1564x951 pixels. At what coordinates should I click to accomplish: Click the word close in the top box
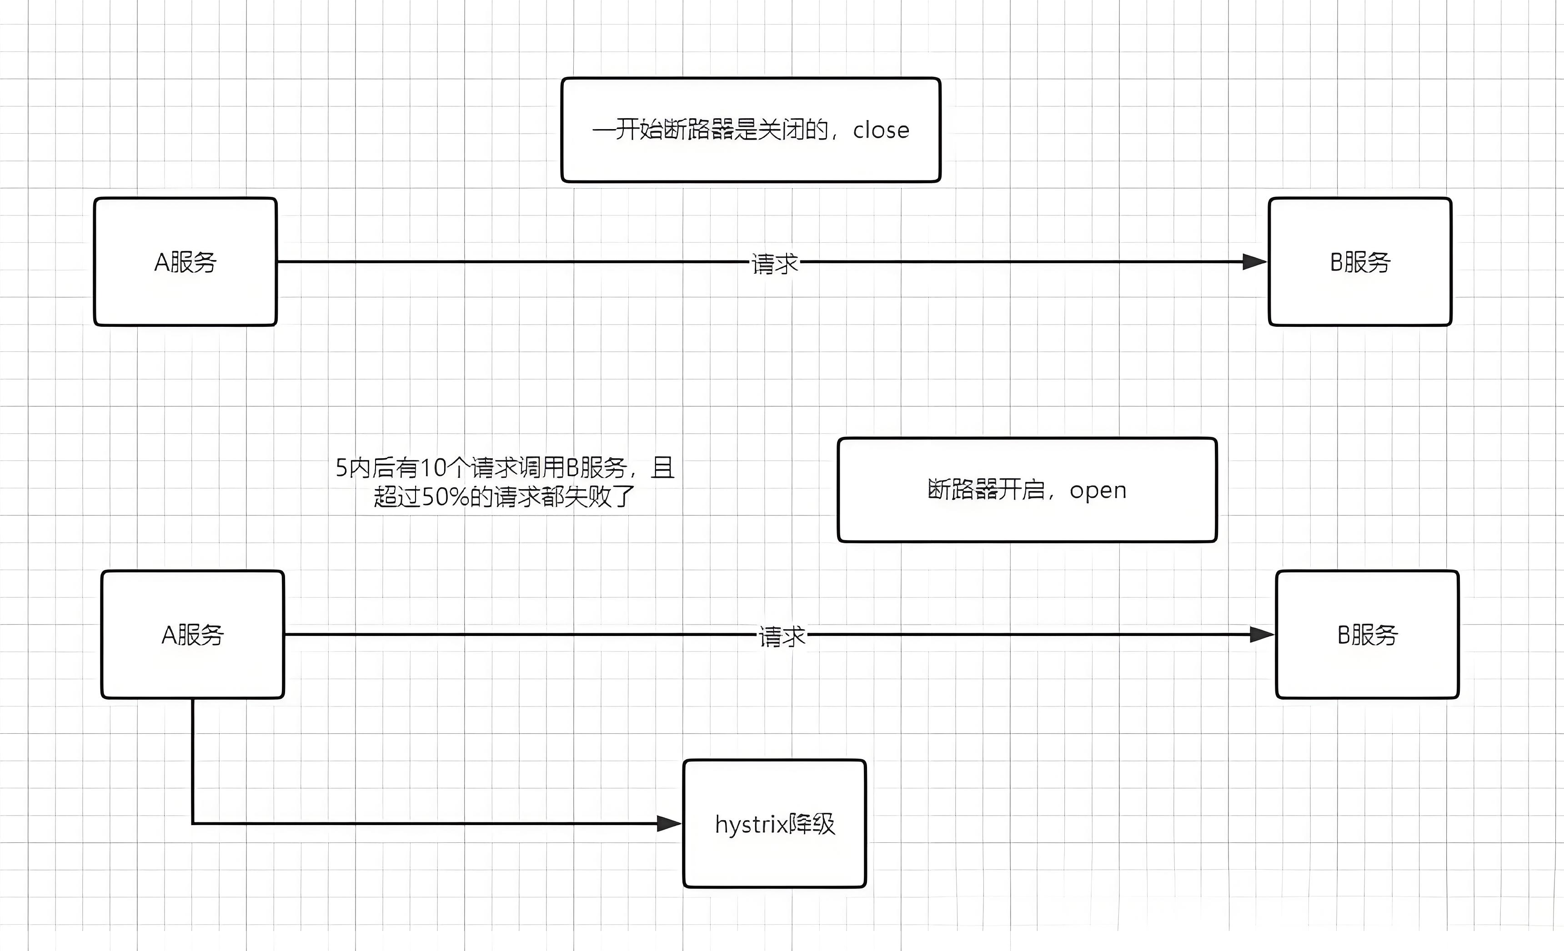881,130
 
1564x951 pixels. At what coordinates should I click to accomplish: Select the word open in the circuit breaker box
1098,490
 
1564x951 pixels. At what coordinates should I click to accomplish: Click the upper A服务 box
185,261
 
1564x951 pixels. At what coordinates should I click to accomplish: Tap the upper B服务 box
1359,261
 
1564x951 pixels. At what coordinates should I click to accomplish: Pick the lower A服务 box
192,634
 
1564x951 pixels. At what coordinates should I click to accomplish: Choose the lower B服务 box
1367,634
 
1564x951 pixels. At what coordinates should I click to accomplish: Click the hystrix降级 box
774,823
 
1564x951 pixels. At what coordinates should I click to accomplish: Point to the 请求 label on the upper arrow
774,263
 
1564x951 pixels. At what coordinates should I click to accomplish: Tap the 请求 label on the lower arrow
782,636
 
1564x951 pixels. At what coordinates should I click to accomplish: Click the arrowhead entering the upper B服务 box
1255,261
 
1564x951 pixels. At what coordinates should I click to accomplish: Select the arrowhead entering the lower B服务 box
1262,634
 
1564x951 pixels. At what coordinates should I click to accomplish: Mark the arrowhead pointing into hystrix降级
669,823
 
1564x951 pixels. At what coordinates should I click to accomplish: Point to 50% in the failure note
445,496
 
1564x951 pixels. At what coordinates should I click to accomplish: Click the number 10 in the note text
434,468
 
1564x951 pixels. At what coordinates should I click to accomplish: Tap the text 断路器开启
986,490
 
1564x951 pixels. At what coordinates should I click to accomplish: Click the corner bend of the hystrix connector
193,823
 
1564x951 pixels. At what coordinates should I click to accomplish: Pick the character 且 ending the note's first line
663,468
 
